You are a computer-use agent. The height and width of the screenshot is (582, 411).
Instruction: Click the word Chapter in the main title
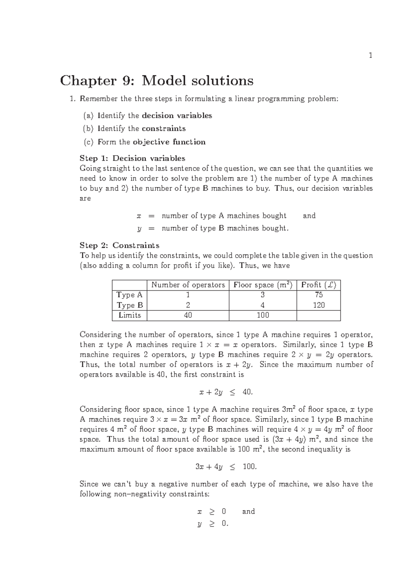pyautogui.click(x=88, y=81)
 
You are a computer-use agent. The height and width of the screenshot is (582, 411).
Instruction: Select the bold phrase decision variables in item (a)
pyautogui.click(x=177, y=116)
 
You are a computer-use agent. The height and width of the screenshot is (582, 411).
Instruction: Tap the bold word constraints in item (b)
pyautogui.click(x=163, y=129)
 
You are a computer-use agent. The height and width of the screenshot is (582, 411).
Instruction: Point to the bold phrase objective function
pyautogui.click(x=169, y=142)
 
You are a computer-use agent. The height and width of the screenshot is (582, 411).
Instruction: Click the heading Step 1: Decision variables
pyautogui.click(x=132, y=158)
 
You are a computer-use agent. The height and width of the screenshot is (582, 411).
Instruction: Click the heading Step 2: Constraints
pyautogui.click(x=119, y=245)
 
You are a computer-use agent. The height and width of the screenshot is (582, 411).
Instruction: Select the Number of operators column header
pyautogui.click(x=188, y=285)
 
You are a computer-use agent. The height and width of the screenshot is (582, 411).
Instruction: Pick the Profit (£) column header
pyautogui.click(x=318, y=285)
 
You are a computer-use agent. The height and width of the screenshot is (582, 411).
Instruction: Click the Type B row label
pyautogui.click(x=129, y=305)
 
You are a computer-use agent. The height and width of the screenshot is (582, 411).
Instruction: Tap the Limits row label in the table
pyautogui.click(x=129, y=315)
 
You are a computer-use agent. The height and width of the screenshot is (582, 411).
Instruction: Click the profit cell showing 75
pyautogui.click(x=319, y=295)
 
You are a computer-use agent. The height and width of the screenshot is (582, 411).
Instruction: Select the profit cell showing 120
pyautogui.click(x=319, y=305)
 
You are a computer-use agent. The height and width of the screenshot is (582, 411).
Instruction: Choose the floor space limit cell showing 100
pyautogui.click(x=263, y=315)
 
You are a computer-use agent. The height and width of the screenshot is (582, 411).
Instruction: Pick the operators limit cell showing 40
pyautogui.click(x=188, y=315)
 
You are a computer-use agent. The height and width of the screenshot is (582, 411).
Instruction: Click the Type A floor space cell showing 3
pyautogui.click(x=263, y=295)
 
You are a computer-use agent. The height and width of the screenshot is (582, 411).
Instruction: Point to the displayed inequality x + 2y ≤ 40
pyautogui.click(x=226, y=392)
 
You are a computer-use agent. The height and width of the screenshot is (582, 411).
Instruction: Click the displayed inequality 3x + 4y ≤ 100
pyautogui.click(x=226, y=467)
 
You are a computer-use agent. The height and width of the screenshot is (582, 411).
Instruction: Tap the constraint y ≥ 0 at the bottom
pyautogui.click(x=212, y=524)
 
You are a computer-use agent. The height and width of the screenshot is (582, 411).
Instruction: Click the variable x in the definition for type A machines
pyautogui.click(x=139, y=216)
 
